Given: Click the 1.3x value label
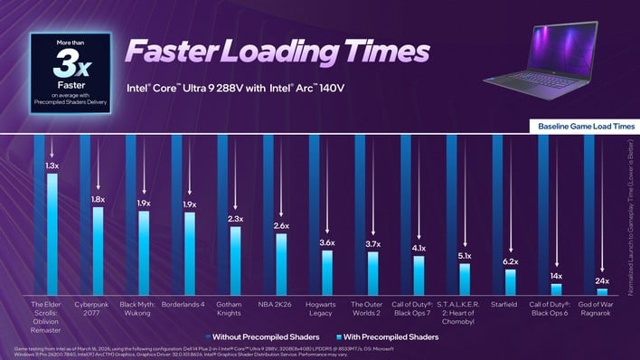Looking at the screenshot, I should coord(52,166).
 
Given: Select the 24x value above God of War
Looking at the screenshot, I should coord(602,281).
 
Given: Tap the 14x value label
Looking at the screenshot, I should coord(556,276).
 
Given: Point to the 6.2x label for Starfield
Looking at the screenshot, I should coord(510,261).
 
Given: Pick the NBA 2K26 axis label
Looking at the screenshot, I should coord(279,306).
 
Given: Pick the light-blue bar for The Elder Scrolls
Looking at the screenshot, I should coord(52,235).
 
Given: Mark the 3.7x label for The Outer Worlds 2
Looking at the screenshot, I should coord(371,243).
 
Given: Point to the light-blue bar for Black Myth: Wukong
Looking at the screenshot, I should coord(144,253).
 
